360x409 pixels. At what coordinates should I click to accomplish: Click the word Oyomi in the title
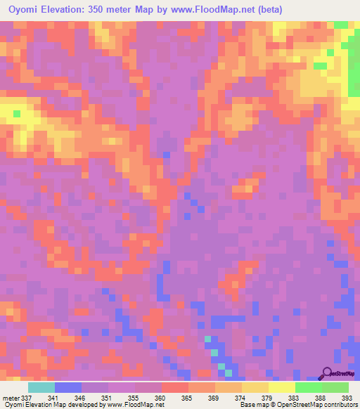tap(23, 9)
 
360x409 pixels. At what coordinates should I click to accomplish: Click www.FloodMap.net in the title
tap(224, 9)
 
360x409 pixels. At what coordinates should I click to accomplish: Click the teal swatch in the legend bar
tap(41, 387)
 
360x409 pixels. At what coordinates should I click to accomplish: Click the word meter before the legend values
tap(11, 397)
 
